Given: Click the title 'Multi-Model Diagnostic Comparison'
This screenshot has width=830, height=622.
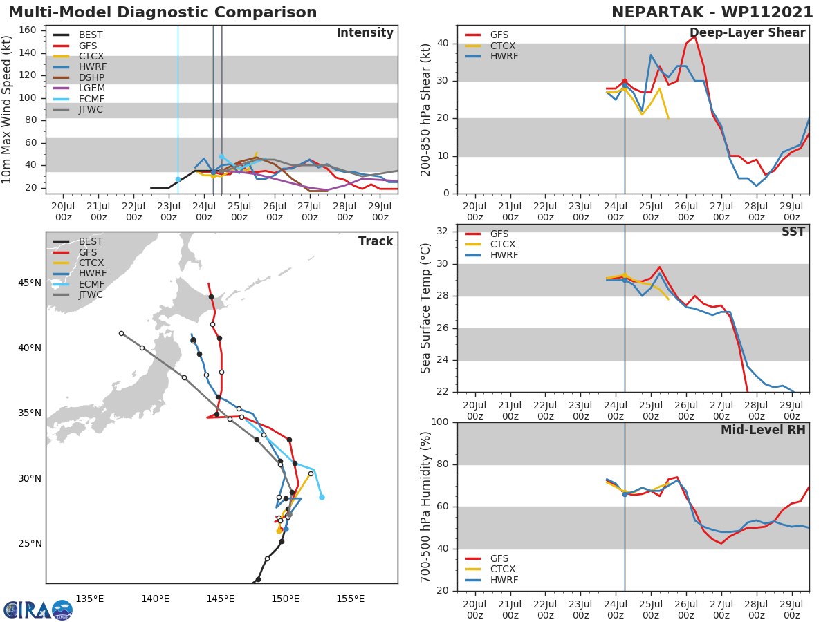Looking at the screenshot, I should [163, 12].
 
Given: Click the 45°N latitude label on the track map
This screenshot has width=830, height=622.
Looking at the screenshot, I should [29, 283].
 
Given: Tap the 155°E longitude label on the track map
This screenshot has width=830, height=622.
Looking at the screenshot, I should [350, 599].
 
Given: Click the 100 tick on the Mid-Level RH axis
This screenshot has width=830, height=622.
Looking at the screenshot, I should [439, 422].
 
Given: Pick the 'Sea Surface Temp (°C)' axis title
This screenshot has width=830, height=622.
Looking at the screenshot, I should [426, 308].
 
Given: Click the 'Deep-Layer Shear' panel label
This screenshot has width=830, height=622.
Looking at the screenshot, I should [747, 33].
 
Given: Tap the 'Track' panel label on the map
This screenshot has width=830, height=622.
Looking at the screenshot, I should [375, 241].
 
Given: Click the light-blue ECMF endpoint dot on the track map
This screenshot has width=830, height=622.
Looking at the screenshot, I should [322, 497].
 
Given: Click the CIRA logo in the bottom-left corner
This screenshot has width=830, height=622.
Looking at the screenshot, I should [37, 610].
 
